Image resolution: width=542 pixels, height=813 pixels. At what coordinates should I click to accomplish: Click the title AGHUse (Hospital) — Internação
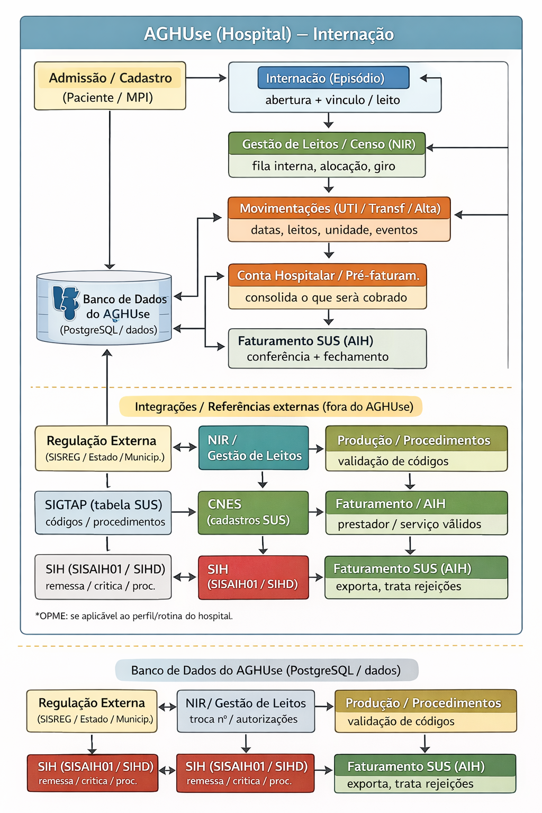pos(269,34)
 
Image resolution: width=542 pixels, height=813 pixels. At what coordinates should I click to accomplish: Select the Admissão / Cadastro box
pos(110,86)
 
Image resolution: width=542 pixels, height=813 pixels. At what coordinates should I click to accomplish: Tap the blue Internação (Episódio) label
pos(333,78)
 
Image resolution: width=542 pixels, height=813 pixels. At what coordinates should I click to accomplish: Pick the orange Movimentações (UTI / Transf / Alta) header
pos(339,208)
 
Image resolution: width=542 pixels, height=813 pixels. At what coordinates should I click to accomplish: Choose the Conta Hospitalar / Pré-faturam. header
pos(328,275)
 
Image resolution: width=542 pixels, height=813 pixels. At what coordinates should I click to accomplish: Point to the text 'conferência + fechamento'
pos(318,357)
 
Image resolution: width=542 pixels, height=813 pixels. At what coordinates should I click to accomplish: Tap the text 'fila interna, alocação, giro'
pos(323,166)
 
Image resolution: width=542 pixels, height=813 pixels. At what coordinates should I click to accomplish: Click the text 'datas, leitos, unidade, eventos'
pos(334,230)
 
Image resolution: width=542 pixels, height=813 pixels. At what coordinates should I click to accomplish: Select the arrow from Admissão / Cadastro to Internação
pos(206,78)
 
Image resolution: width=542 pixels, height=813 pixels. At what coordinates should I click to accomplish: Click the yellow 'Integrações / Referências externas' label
pos(270,406)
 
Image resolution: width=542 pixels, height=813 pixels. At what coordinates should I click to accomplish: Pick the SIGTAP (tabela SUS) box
pos(103,512)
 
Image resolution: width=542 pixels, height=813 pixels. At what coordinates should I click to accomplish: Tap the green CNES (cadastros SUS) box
pos(253,512)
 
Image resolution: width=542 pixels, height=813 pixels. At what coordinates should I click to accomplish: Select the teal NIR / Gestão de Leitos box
pos(254,448)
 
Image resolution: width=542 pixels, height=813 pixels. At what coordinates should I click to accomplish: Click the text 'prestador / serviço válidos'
pos(409,524)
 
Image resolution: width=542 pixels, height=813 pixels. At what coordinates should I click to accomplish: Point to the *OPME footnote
pos(134,616)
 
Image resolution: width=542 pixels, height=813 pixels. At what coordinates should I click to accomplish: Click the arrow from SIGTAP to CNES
pos(184,512)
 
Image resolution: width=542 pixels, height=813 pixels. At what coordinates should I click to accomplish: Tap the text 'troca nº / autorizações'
pos(243,719)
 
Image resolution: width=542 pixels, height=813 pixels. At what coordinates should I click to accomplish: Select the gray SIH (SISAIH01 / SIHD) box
pos(103,577)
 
